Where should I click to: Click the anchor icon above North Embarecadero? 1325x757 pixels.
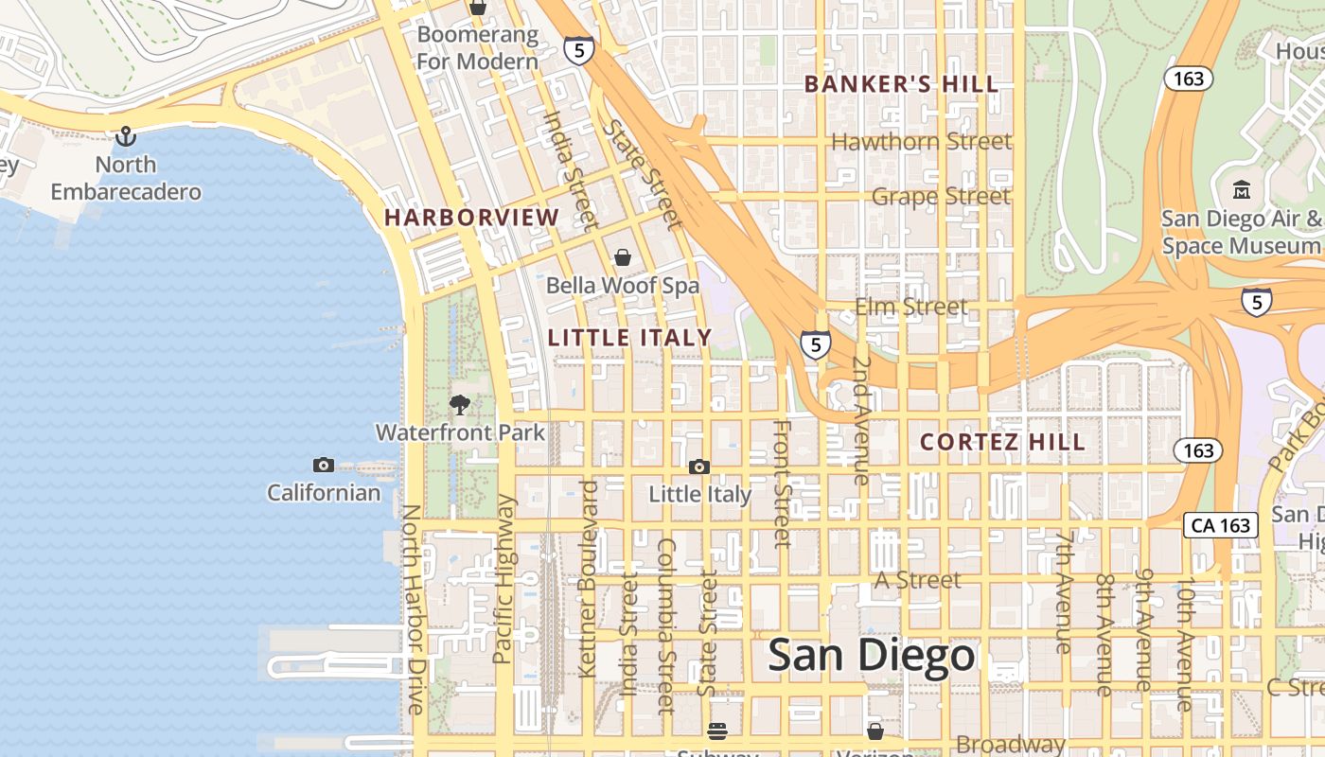coord(125,137)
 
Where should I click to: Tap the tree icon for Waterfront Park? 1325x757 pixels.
coord(460,406)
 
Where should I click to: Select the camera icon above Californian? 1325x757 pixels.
coord(324,465)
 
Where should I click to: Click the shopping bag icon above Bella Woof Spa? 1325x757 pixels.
coord(623,257)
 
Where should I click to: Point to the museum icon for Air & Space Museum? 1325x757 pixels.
coord(1242,190)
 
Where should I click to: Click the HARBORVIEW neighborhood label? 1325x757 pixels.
coord(471,218)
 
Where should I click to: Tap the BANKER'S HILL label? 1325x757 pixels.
coord(901,84)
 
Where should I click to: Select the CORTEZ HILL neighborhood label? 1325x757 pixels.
coord(1002,442)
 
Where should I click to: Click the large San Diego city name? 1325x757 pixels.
coord(871,656)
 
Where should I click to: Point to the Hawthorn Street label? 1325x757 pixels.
coord(922,142)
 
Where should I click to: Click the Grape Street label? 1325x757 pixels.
coord(941,197)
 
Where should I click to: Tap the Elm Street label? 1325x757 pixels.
coord(910,307)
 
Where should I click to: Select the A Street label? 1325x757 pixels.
coord(917,579)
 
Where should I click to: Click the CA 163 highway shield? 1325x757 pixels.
coord(1221,525)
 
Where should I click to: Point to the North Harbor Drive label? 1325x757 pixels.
coord(414,609)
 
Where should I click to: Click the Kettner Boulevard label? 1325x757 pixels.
coord(588,578)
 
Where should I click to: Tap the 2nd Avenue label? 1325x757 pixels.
coord(860,420)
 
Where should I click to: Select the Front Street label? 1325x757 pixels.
coord(782,483)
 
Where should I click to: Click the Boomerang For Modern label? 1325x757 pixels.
coord(477,48)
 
